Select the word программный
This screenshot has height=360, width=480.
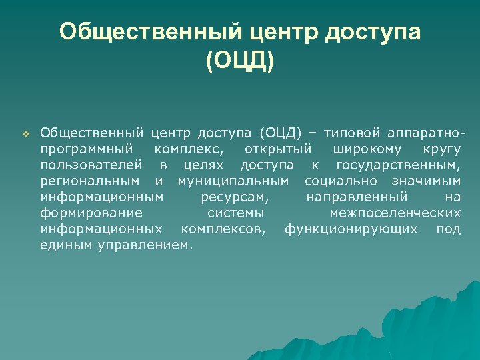tap(87, 149)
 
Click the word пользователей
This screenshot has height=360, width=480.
tap(91, 165)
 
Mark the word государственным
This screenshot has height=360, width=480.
tap(398, 165)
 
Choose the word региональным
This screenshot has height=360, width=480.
tap(90, 181)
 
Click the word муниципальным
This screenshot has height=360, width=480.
tap(233, 181)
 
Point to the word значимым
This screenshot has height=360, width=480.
tap(426, 181)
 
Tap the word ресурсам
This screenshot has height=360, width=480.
tap(235, 197)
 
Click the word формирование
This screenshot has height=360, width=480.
tap(91, 213)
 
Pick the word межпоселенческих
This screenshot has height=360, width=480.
tap(395, 213)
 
